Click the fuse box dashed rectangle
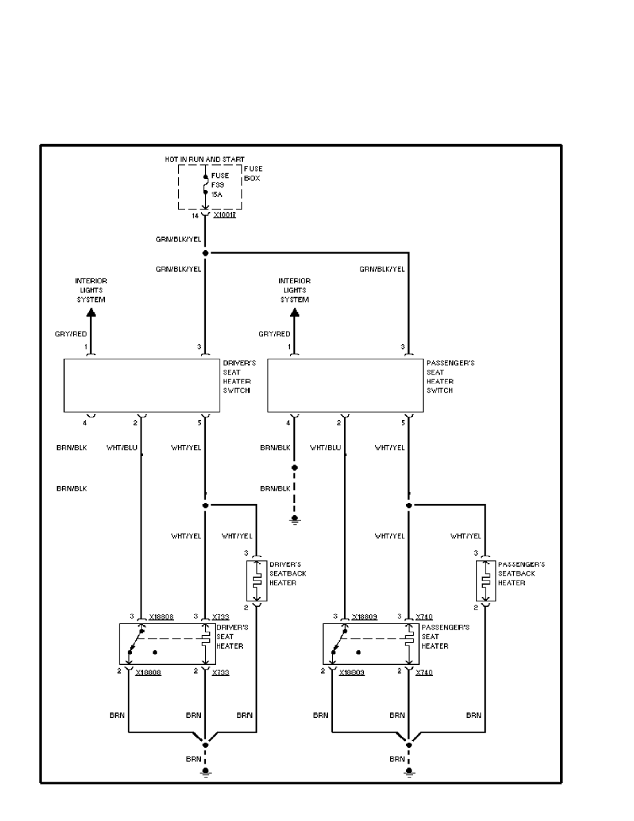point(210,187)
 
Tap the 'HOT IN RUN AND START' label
point(204,160)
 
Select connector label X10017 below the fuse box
point(226,216)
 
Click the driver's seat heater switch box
point(142,385)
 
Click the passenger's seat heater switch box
point(345,385)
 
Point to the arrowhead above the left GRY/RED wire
point(91,312)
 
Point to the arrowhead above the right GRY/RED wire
point(295,312)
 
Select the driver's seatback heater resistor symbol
point(256,581)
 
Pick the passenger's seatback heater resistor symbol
point(486,581)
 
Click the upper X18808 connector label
point(161,616)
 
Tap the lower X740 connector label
point(423,672)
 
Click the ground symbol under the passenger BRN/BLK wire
point(295,519)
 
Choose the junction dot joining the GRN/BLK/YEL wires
point(205,254)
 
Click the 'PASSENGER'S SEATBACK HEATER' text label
point(521,574)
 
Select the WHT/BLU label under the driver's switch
point(122,447)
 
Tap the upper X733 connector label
point(220,616)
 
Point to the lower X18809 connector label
point(352,672)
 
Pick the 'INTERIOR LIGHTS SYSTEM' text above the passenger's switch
point(295,290)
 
